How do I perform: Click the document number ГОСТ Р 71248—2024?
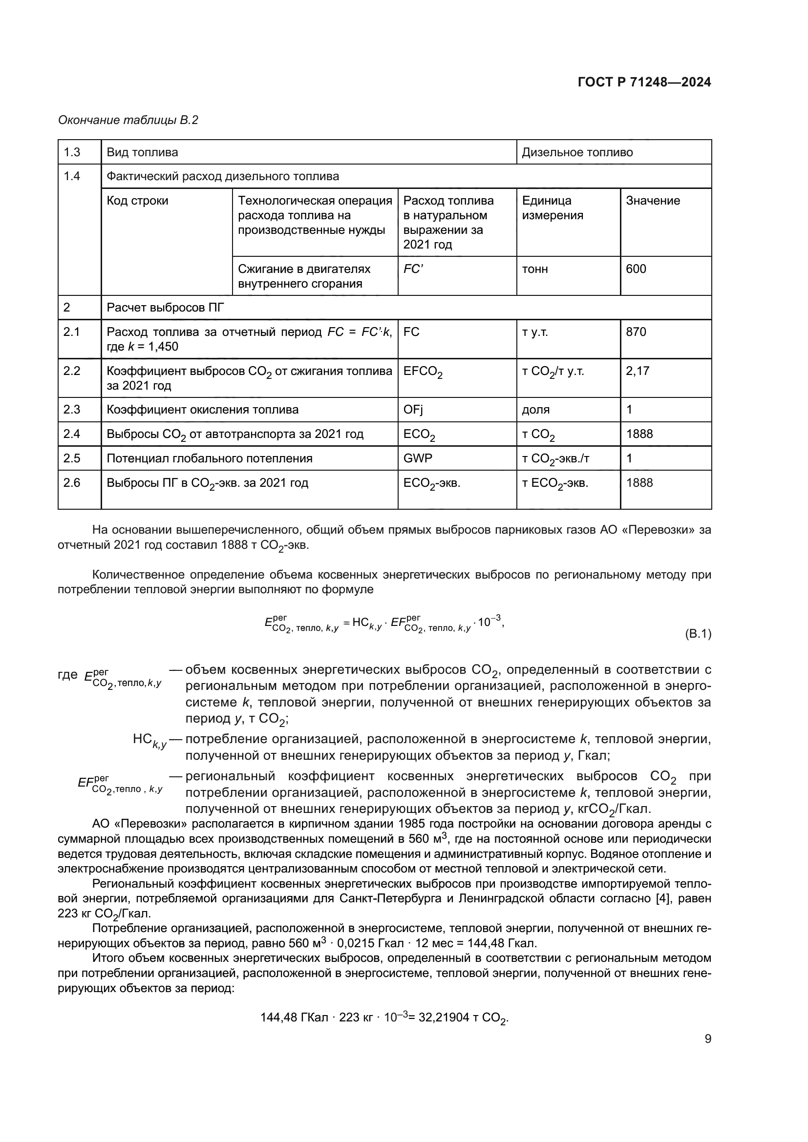(x=644, y=82)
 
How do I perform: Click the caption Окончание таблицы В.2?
(x=128, y=120)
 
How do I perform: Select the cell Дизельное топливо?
(x=577, y=152)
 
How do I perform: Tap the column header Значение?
(x=653, y=201)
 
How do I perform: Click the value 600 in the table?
(x=636, y=269)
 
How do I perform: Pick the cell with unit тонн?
(x=535, y=269)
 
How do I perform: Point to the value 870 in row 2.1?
(x=636, y=332)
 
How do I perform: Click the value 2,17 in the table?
(x=638, y=371)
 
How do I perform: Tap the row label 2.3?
(x=72, y=409)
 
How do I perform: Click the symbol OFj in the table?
(x=413, y=409)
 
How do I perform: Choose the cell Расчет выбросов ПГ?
(x=165, y=308)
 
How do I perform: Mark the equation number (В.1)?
(x=698, y=634)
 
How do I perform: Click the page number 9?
(x=708, y=1038)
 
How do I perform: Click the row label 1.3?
(x=72, y=152)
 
